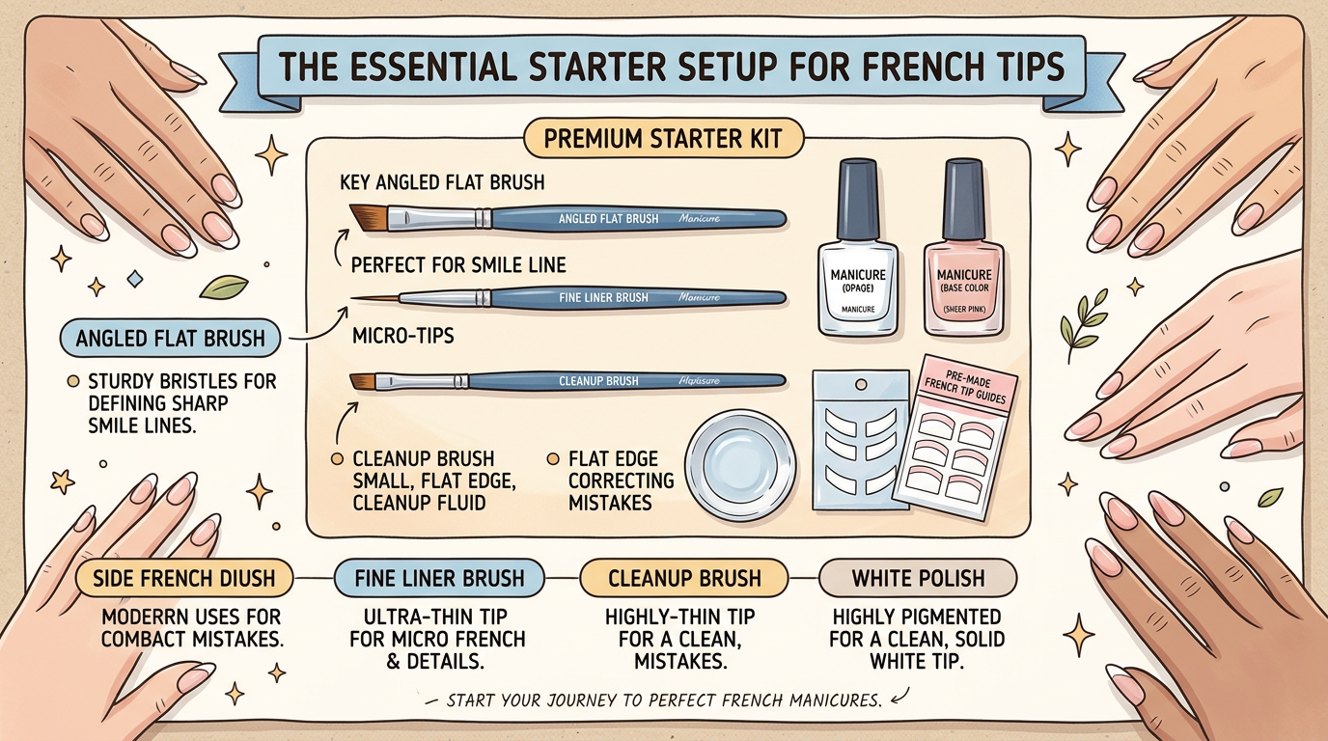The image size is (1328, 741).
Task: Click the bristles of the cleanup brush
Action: coord(362,381)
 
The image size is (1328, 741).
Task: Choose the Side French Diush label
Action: coord(183,579)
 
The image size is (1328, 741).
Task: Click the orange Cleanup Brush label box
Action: coord(684,579)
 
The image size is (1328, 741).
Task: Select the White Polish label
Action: coord(917,579)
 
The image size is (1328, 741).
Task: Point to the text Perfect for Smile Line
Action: coord(458,263)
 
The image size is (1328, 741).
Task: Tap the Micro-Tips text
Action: coord(402,337)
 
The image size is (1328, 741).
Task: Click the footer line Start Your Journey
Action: coord(666,700)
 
